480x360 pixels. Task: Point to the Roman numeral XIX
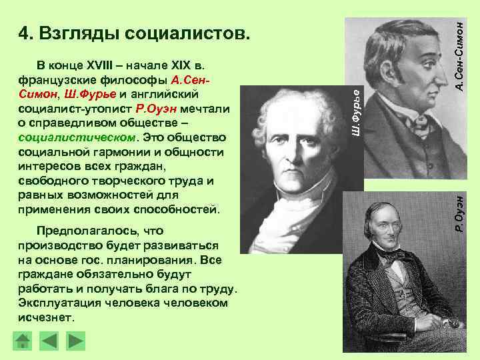pos(180,66)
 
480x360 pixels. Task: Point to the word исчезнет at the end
pos(47,318)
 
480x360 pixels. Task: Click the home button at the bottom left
pos(23,341)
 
